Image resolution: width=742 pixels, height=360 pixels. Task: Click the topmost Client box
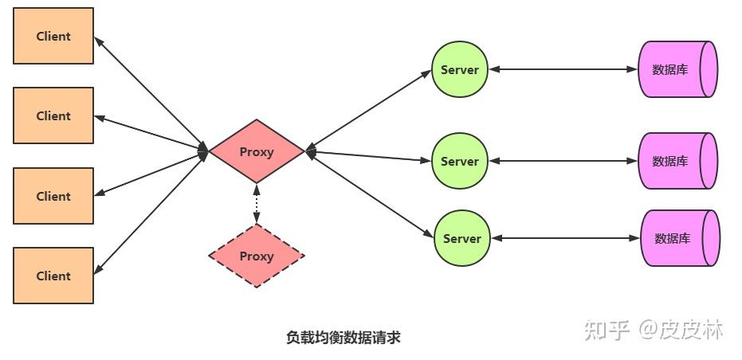tap(53, 36)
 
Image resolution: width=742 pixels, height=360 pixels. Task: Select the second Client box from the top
tap(53, 115)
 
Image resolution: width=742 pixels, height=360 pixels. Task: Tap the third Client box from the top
tap(53, 196)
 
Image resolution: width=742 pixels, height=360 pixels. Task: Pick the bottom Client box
tap(53, 276)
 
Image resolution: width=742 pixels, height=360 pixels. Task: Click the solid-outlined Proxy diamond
tap(257, 151)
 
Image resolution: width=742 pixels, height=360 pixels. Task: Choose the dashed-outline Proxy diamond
tap(257, 256)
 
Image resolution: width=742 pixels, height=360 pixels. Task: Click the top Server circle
tap(460, 69)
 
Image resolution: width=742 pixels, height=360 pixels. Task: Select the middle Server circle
tap(460, 161)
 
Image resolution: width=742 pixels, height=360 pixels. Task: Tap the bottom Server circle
tap(462, 238)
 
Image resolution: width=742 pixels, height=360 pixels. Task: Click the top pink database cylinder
tap(678, 69)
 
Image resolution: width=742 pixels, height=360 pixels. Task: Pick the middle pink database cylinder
tap(678, 161)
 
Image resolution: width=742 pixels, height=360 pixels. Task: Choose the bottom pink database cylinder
tap(680, 238)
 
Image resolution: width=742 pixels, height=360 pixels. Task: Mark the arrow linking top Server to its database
tap(564, 69)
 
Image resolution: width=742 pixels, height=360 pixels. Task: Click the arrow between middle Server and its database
tap(564, 161)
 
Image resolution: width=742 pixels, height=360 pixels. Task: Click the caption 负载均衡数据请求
tap(343, 338)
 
